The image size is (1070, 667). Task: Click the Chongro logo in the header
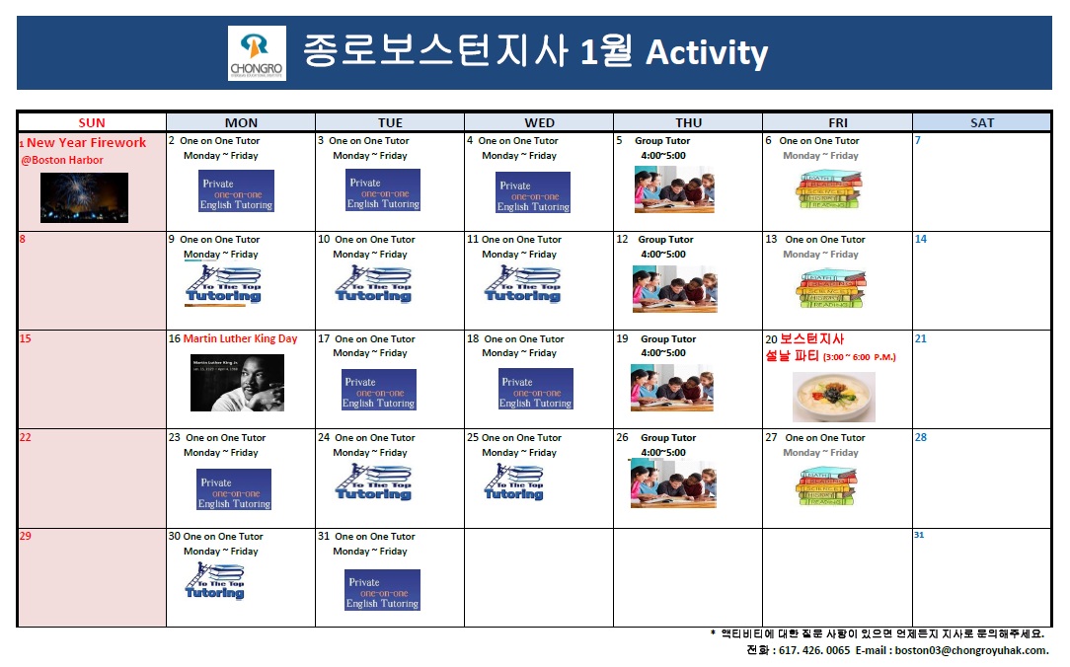(x=257, y=53)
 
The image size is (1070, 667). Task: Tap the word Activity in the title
(x=706, y=52)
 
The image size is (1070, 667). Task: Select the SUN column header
(x=92, y=122)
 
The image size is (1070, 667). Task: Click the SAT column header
(x=982, y=122)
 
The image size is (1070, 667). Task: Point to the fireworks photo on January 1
(x=84, y=197)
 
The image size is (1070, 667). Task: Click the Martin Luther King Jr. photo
(x=237, y=383)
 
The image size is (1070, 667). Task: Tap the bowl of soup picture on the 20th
(x=833, y=397)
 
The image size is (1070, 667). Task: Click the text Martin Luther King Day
(x=240, y=338)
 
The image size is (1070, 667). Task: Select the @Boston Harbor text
(x=62, y=160)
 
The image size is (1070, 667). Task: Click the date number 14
(x=921, y=239)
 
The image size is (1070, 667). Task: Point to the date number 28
(x=921, y=437)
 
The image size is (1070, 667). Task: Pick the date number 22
(x=26, y=437)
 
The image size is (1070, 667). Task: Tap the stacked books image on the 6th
(x=829, y=189)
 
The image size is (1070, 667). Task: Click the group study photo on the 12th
(x=675, y=288)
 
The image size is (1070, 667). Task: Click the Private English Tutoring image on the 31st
(x=383, y=590)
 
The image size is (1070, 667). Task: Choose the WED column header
(x=539, y=122)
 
